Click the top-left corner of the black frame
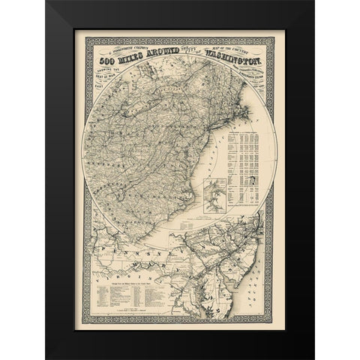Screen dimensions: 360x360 point(46,2)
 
